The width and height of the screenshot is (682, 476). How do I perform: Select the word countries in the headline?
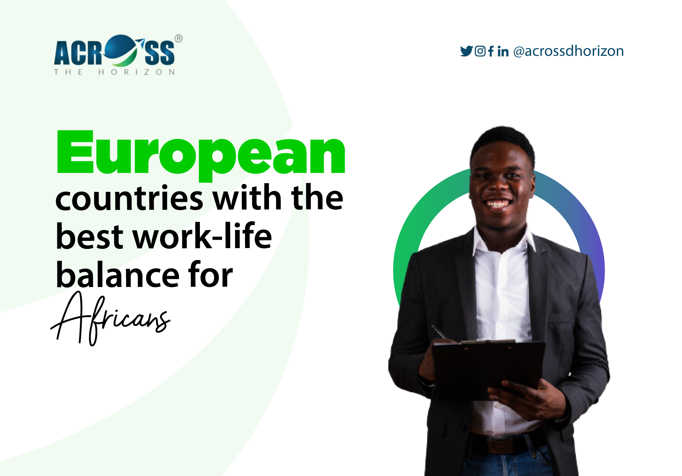click(x=129, y=199)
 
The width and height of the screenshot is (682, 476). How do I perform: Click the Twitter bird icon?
click(x=466, y=51)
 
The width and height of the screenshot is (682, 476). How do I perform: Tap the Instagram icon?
click(x=480, y=51)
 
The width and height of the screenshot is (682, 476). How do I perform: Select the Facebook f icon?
click(x=491, y=51)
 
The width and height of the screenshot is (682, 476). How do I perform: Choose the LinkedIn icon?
click(x=503, y=52)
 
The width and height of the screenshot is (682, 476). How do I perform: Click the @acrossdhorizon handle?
click(x=568, y=51)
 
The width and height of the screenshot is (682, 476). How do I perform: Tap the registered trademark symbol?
click(x=178, y=38)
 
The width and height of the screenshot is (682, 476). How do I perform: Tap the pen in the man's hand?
click(x=439, y=332)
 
